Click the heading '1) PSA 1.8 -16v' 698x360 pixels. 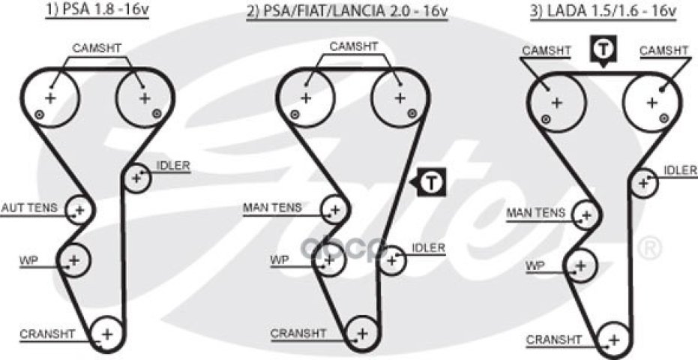(x=97, y=10)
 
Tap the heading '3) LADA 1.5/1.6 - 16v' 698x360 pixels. (x=603, y=10)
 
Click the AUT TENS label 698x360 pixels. (x=29, y=208)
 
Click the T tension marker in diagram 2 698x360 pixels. (x=430, y=181)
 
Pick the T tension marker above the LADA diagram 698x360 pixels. (x=602, y=50)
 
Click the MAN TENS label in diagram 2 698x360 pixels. (x=272, y=208)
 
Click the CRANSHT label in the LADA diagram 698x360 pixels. (x=554, y=340)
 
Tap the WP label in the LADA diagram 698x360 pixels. (x=535, y=266)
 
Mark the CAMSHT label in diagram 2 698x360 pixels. (x=354, y=46)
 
